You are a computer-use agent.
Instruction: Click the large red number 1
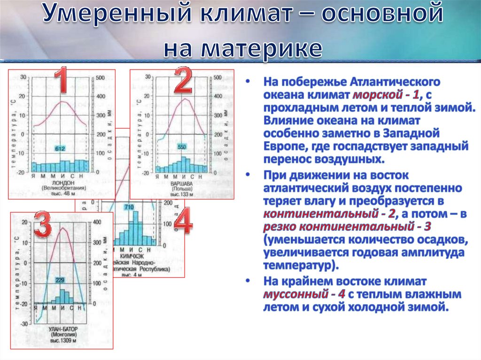click(x=62, y=80)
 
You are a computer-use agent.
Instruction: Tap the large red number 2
click(x=183, y=80)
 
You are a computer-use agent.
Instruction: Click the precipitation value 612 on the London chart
click(x=60, y=149)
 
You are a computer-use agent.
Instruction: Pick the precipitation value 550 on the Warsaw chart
click(x=182, y=147)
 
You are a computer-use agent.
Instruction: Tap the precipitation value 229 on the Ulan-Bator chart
click(x=60, y=280)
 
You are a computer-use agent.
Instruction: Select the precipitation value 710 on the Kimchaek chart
click(x=129, y=207)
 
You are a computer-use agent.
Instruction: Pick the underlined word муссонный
click(x=294, y=295)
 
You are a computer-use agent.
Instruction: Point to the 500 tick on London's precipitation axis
click(x=101, y=77)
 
